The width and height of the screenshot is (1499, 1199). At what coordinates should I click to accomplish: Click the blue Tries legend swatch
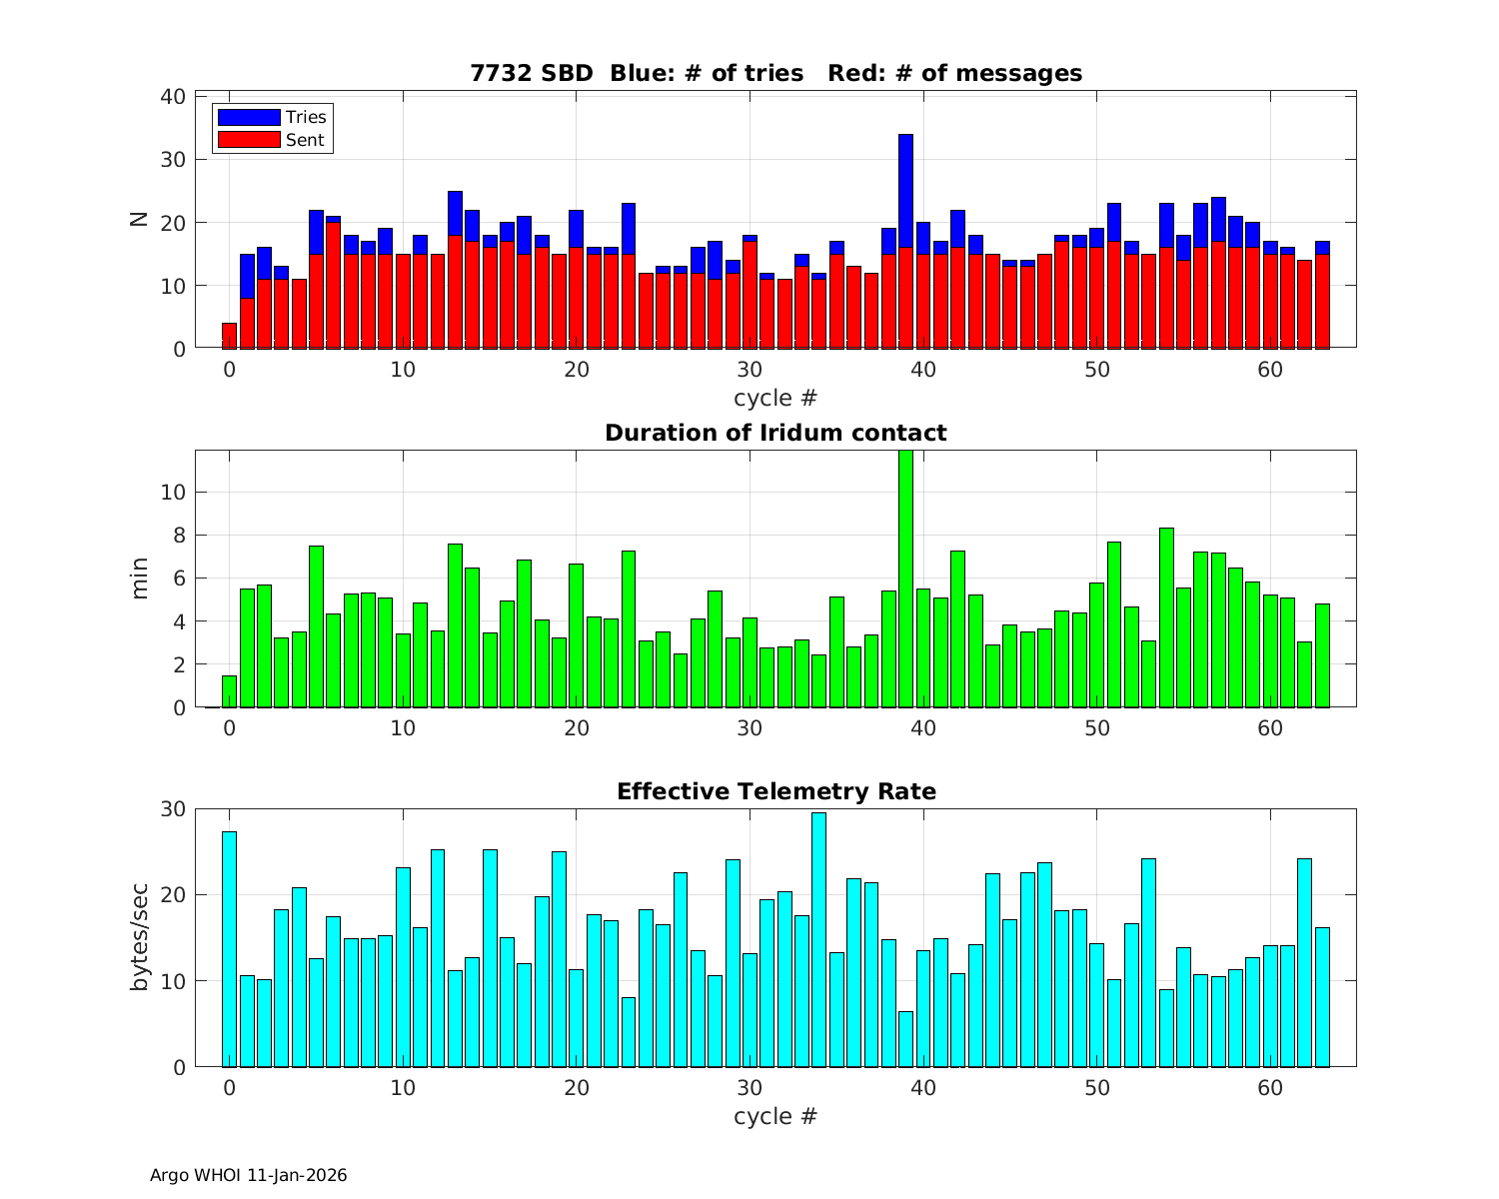pyautogui.click(x=248, y=118)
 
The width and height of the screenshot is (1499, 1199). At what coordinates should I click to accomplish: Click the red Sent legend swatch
pyautogui.click(x=248, y=140)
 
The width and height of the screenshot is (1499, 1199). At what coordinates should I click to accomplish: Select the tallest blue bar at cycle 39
pyautogui.click(x=905, y=190)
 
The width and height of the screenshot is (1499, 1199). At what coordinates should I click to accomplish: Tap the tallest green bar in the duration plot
pyautogui.click(x=905, y=580)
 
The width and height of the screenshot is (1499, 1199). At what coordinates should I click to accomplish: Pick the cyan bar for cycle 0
pyautogui.click(x=229, y=949)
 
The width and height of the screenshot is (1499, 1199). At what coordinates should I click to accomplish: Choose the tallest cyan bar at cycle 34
pyautogui.click(x=818, y=939)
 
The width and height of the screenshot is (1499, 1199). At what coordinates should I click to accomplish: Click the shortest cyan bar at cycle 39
pyautogui.click(x=905, y=1039)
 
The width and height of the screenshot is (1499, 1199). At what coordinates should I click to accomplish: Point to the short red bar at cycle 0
pyautogui.click(x=229, y=336)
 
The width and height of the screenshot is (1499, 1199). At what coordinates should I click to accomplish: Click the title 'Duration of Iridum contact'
pyautogui.click(x=775, y=433)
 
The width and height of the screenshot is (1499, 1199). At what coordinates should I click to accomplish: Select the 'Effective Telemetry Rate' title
pyautogui.click(x=775, y=791)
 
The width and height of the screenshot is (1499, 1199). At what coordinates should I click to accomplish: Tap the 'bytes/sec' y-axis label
pyautogui.click(x=140, y=937)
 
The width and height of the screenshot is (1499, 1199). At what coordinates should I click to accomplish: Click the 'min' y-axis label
pyautogui.click(x=140, y=579)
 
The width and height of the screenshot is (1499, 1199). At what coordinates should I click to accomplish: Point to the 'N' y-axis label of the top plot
pyautogui.click(x=140, y=220)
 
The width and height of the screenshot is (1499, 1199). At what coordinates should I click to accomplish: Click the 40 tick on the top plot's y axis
pyautogui.click(x=173, y=96)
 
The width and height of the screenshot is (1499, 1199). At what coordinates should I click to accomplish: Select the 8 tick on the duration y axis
pyautogui.click(x=180, y=536)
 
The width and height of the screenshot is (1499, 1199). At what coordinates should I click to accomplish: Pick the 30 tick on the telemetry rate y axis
pyautogui.click(x=173, y=809)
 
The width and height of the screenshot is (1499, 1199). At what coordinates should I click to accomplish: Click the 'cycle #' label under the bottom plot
pyautogui.click(x=775, y=1116)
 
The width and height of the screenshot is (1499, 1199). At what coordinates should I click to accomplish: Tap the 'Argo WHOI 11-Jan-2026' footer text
pyautogui.click(x=248, y=1175)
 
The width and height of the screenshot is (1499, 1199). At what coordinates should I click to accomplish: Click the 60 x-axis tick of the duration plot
pyautogui.click(x=1270, y=728)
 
